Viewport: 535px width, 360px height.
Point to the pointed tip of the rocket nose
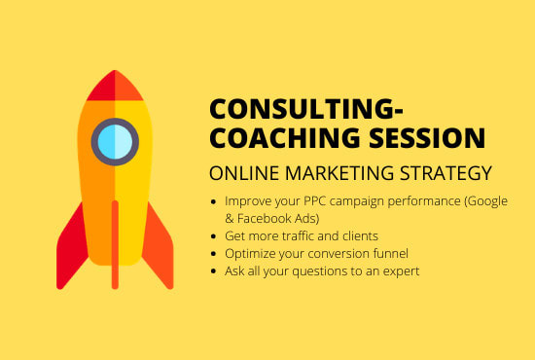(115, 73)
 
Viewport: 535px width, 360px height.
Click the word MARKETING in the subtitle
(333, 173)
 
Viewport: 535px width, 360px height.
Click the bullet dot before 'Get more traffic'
(214, 235)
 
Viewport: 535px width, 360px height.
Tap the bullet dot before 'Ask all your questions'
(214, 270)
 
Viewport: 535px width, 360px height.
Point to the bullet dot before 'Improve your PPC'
(214, 200)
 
